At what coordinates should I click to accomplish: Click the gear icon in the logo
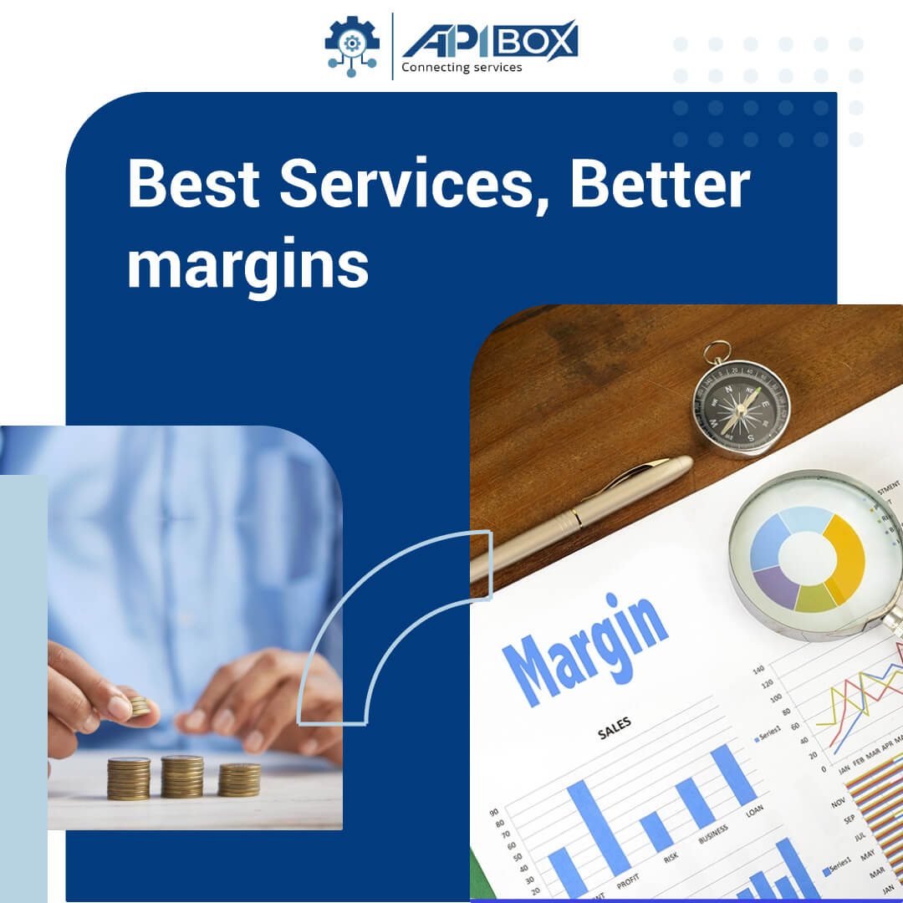click(352, 43)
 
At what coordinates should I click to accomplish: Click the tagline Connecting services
click(462, 68)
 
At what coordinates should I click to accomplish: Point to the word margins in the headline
click(247, 266)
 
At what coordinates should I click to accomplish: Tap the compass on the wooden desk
click(740, 407)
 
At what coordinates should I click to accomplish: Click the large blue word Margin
click(585, 649)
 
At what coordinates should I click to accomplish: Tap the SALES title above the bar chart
click(615, 728)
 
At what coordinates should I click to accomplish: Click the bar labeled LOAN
click(733, 774)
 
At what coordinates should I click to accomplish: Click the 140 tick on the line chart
click(758, 670)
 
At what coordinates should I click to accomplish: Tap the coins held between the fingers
click(139, 707)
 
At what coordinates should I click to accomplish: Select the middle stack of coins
click(182, 777)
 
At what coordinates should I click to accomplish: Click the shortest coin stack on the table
click(239, 779)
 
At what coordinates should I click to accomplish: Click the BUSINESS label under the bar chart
click(712, 834)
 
